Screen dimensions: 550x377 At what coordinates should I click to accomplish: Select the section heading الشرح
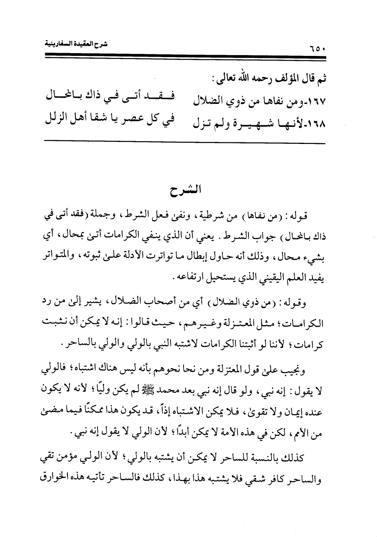[x=185, y=189]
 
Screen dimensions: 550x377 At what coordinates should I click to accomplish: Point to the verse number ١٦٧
[x=317, y=102]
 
